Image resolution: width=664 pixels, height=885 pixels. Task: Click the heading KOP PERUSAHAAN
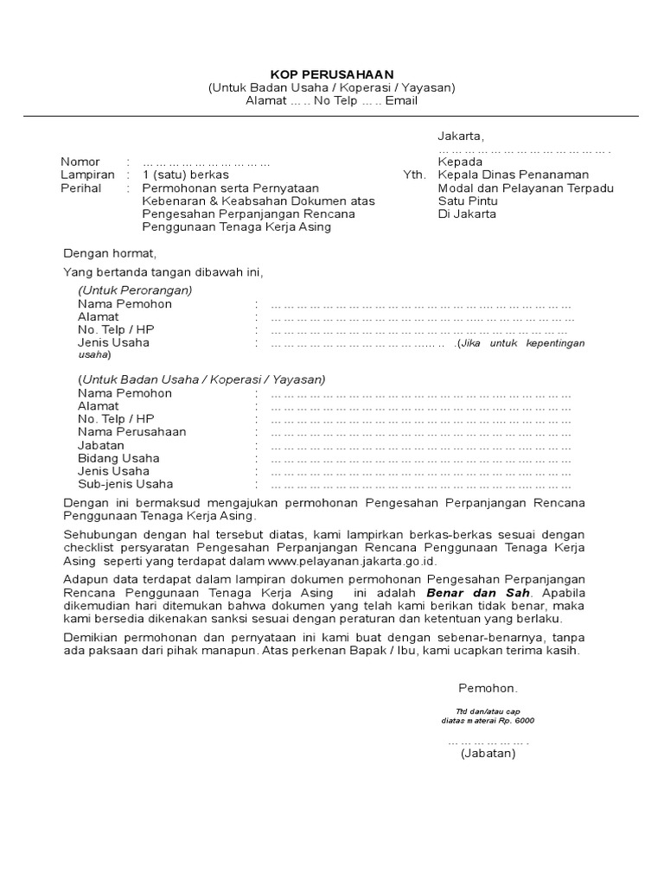[331, 74]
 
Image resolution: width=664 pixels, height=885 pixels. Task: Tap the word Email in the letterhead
[401, 100]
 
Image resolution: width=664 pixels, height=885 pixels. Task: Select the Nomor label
[80, 162]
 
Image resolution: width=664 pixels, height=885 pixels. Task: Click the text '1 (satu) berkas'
[185, 175]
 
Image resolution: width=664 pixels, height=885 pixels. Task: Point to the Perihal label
[80, 188]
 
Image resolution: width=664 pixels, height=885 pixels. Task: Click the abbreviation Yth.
[414, 175]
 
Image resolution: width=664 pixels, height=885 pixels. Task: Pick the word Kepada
[460, 162]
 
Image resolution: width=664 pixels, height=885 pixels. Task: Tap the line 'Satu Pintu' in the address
[468, 201]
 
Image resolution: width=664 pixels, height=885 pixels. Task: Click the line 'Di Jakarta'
[467, 213]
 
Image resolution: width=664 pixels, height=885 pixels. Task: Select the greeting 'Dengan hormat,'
[110, 253]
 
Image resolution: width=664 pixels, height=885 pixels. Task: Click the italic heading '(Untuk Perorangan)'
[135, 290]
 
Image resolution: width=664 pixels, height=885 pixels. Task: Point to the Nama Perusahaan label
[131, 431]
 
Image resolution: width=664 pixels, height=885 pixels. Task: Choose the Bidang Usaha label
[118, 458]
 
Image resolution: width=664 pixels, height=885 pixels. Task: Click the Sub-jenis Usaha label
[125, 484]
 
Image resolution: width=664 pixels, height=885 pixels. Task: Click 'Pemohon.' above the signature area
[488, 688]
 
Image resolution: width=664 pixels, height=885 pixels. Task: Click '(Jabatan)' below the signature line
[488, 754]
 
